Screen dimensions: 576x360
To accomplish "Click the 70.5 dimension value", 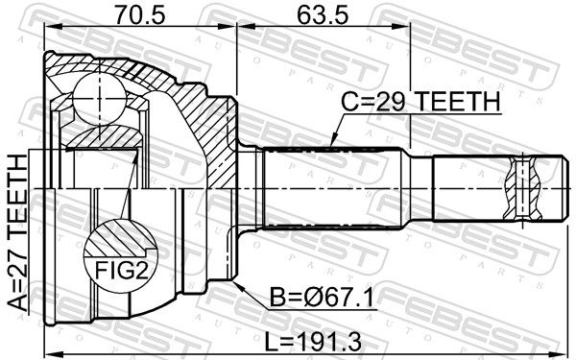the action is (140, 14).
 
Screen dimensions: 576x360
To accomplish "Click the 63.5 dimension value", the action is (323, 14).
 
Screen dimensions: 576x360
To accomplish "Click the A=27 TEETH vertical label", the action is (17, 233).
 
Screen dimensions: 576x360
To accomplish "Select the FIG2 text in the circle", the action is (122, 271).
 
